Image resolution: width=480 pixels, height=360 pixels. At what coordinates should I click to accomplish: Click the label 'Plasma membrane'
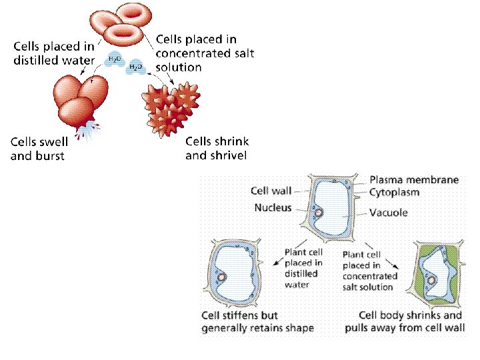(x=413, y=180)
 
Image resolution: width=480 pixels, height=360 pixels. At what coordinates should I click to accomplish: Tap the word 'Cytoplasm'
(x=395, y=193)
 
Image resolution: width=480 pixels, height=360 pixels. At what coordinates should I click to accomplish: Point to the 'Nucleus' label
(x=273, y=208)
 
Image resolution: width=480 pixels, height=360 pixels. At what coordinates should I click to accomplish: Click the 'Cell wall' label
(x=271, y=191)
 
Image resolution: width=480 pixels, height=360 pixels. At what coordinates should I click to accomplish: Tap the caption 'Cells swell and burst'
(x=37, y=149)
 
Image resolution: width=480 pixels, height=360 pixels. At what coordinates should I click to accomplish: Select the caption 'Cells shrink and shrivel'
(x=217, y=148)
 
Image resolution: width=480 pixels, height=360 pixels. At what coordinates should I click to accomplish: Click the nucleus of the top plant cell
(x=319, y=213)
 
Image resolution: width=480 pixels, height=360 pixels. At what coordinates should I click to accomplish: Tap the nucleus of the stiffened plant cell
(x=223, y=277)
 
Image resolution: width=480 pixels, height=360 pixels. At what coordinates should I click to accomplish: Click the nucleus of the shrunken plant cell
(x=431, y=280)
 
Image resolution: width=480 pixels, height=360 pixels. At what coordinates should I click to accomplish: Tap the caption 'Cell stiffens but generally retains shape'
(x=257, y=321)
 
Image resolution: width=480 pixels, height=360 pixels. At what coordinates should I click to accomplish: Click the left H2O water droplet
(x=115, y=59)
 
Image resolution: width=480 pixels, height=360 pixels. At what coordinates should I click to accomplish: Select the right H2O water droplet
(x=135, y=67)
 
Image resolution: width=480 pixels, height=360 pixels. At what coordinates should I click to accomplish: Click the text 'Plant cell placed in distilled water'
(x=303, y=269)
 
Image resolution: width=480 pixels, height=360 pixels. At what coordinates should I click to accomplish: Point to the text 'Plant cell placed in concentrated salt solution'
(x=370, y=271)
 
